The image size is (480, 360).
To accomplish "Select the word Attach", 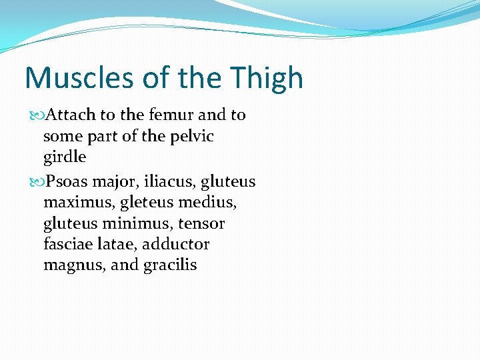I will pos(72,115).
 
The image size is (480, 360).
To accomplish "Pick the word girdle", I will pos(65,158).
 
